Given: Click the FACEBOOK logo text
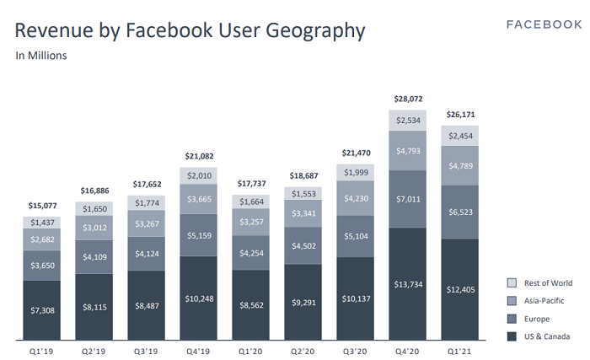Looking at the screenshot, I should (544, 24).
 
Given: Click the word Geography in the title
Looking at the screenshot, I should (314, 32).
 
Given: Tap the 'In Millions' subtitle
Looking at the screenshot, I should (41, 56).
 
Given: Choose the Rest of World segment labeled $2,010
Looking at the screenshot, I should (201, 175).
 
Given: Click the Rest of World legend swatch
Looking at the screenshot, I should (512, 283).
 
